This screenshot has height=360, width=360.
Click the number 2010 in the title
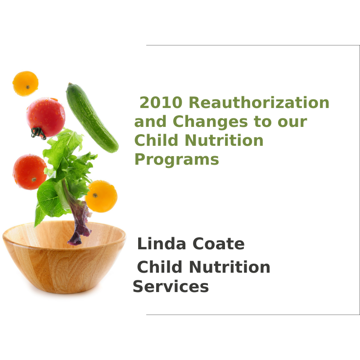click(161, 103)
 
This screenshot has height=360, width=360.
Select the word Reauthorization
click(259, 103)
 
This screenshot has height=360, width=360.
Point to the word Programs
click(176, 159)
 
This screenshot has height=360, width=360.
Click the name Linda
click(162, 243)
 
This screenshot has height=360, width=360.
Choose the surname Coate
click(218, 243)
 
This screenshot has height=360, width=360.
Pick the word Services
click(171, 286)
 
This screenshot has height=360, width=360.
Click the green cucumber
click(92, 118)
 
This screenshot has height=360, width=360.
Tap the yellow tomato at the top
click(26, 84)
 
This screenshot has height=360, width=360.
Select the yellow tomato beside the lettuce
click(101, 196)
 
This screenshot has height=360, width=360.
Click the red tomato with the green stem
click(46, 118)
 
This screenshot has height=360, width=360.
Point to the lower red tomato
click(30, 172)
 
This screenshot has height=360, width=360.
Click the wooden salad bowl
click(64, 257)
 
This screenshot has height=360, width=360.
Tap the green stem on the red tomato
click(38, 133)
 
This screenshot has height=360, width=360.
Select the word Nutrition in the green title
click(224, 140)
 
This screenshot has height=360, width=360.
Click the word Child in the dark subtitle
click(159, 266)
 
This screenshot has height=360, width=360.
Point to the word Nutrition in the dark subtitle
click(229, 267)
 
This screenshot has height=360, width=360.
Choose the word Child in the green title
click(156, 140)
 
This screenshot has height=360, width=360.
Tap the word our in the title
click(292, 122)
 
